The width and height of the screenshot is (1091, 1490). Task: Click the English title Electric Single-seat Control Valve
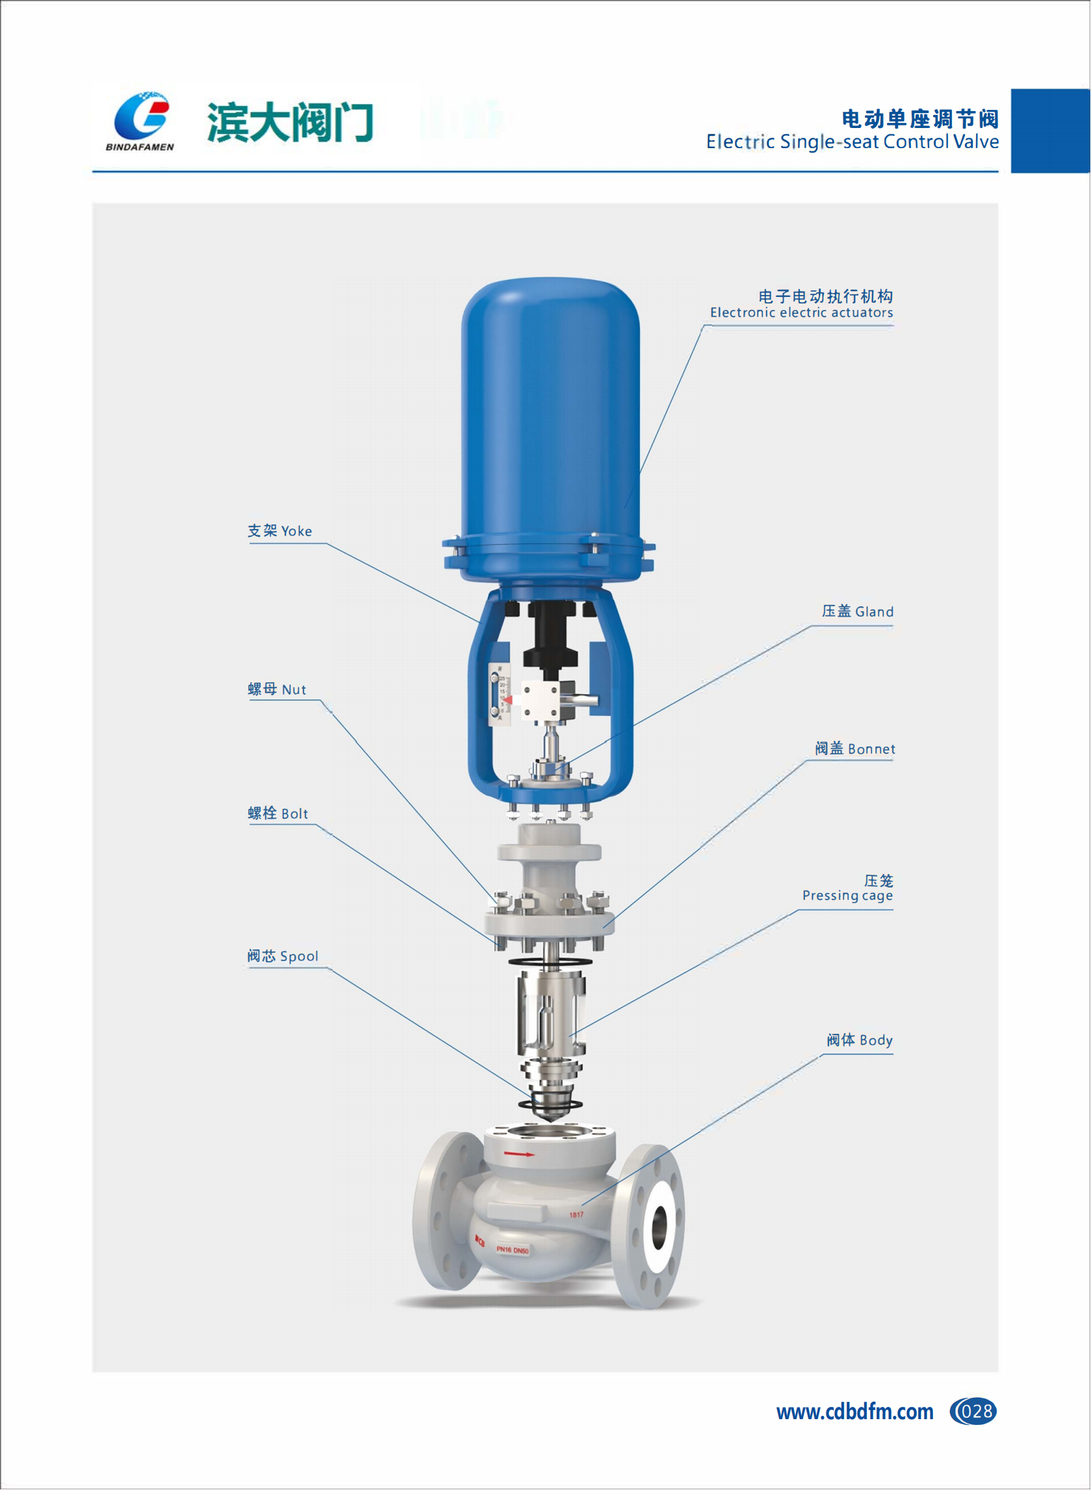[852, 142]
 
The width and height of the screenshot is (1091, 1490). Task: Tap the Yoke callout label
[280, 531]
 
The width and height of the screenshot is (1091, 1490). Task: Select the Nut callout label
[277, 689]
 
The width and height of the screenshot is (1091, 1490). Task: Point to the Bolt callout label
[278, 814]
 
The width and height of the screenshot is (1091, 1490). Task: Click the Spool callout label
[283, 957]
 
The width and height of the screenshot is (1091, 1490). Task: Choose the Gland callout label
[858, 611]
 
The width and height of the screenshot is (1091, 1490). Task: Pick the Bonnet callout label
[855, 749]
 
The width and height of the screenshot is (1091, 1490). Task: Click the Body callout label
[860, 1040]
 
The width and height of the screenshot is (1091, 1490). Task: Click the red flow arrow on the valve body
[520, 1155]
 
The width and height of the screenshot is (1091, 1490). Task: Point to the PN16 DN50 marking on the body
[513, 1250]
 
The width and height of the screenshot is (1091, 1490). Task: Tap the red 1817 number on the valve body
[576, 1214]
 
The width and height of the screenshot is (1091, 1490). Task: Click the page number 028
[973, 1411]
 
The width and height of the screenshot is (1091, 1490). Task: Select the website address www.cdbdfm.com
[855, 1412]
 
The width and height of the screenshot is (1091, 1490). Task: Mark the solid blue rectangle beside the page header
[1051, 131]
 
